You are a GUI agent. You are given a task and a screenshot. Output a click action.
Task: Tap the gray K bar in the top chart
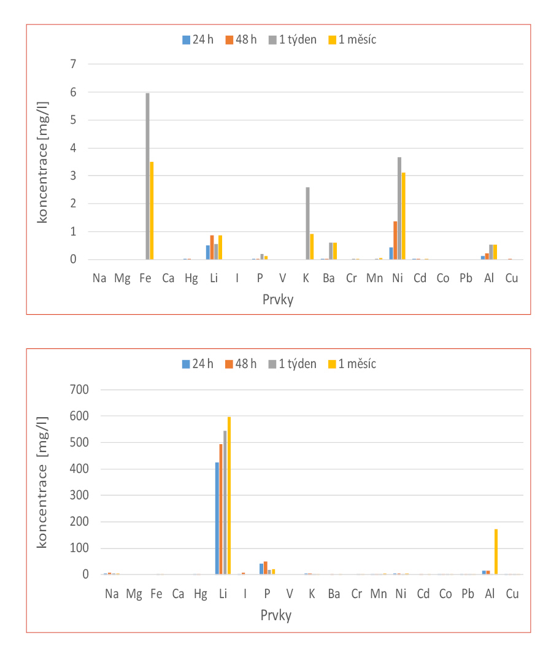click(x=307, y=223)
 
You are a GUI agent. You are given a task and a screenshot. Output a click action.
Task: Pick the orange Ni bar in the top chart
click(x=395, y=240)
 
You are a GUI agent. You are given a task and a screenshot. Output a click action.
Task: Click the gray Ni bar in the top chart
click(x=399, y=209)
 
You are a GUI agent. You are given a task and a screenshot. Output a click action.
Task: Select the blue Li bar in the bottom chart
click(x=217, y=518)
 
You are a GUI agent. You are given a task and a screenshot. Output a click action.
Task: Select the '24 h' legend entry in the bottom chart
click(x=198, y=364)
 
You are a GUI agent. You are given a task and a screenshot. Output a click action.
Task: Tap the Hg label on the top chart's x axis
click(x=190, y=278)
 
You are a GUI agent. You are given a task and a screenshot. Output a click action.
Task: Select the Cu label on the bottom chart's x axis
click(x=511, y=593)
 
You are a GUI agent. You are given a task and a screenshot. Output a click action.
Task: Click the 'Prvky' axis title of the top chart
click(x=276, y=300)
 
